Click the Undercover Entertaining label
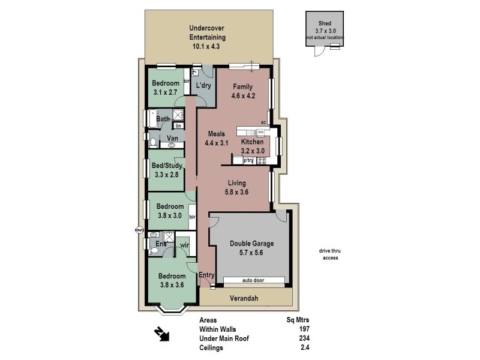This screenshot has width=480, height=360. coord(207,37)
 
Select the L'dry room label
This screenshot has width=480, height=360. coord(204,87)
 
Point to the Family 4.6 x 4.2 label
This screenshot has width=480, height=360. coord(243,91)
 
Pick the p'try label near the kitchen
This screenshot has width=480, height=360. coord(248,160)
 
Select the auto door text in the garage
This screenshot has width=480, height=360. coord(254,280)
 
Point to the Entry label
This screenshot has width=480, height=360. coord(206,275)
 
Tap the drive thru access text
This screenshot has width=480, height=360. coord(330,254)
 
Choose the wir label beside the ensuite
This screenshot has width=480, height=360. coord(184,245)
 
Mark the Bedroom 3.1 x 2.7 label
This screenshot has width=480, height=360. coord(166,88)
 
